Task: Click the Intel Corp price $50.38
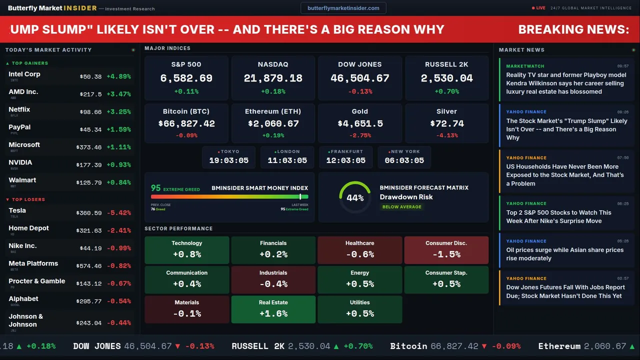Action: (x=90, y=76)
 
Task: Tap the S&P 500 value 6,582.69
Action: (x=186, y=78)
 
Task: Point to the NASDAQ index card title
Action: (x=273, y=64)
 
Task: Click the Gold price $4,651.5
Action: (x=360, y=123)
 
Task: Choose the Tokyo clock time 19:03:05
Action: (x=228, y=160)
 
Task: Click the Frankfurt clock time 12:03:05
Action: (x=345, y=160)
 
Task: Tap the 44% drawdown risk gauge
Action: (x=355, y=197)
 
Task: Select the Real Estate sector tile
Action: (x=273, y=309)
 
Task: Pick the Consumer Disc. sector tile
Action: (x=446, y=249)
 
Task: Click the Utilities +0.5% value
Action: (x=360, y=313)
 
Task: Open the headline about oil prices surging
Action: (x=564, y=254)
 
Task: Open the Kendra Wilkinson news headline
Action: (x=566, y=83)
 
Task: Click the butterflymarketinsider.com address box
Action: (x=343, y=8)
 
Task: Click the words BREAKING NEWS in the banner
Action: (x=573, y=29)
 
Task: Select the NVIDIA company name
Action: (x=20, y=162)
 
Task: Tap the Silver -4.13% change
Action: (x=446, y=135)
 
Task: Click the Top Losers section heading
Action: (x=28, y=199)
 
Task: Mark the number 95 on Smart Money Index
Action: (x=156, y=188)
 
